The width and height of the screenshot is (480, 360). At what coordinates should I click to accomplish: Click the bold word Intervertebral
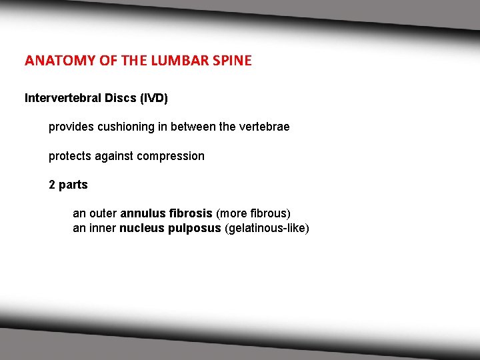tap(60, 98)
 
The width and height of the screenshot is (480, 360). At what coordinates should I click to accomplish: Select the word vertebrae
tap(264, 127)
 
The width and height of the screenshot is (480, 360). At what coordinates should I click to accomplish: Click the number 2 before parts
tap(52, 185)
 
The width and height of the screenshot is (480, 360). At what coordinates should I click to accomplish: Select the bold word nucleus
tap(139, 229)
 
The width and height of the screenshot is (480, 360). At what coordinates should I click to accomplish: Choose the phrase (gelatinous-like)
tap(267, 229)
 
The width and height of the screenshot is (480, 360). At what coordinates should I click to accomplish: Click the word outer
tap(103, 214)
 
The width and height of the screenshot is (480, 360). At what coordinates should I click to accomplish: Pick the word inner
tap(102, 229)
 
